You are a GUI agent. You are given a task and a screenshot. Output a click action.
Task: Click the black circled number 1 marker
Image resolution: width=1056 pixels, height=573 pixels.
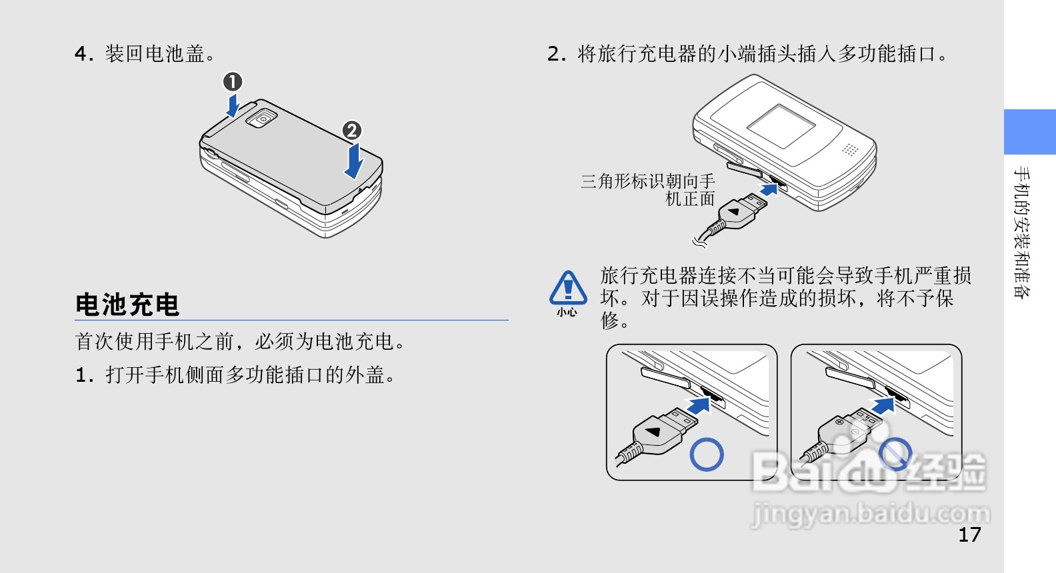[x=232, y=82]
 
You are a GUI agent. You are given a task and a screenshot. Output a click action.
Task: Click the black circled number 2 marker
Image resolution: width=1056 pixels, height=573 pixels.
[x=352, y=131]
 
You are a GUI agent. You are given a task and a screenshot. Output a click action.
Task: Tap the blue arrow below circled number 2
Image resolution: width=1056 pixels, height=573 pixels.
[x=354, y=162]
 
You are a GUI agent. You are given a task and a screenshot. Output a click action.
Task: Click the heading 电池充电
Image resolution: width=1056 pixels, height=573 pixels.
[x=127, y=304]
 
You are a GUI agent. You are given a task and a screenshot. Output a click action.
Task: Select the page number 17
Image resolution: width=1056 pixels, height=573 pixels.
[x=969, y=534]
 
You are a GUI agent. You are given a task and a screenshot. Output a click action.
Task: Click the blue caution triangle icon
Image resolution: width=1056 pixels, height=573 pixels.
[x=568, y=288]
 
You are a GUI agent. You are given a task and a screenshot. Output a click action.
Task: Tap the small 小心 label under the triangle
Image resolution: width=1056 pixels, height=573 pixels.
[x=567, y=312]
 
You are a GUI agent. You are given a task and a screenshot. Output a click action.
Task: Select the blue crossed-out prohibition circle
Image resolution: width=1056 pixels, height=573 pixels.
[x=895, y=454]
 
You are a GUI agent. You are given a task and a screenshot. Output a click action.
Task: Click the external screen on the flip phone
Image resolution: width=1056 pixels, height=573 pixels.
[x=781, y=127]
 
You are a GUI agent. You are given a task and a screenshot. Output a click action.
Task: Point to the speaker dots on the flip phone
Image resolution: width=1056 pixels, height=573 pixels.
[x=849, y=149]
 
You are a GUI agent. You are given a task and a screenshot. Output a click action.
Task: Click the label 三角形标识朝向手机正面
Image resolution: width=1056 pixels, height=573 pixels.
[x=648, y=190]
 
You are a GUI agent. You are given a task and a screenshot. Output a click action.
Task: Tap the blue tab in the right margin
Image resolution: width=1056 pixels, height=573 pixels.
[x=1030, y=132]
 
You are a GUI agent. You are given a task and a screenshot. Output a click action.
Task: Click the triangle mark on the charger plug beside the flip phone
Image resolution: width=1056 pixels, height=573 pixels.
[x=734, y=212]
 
